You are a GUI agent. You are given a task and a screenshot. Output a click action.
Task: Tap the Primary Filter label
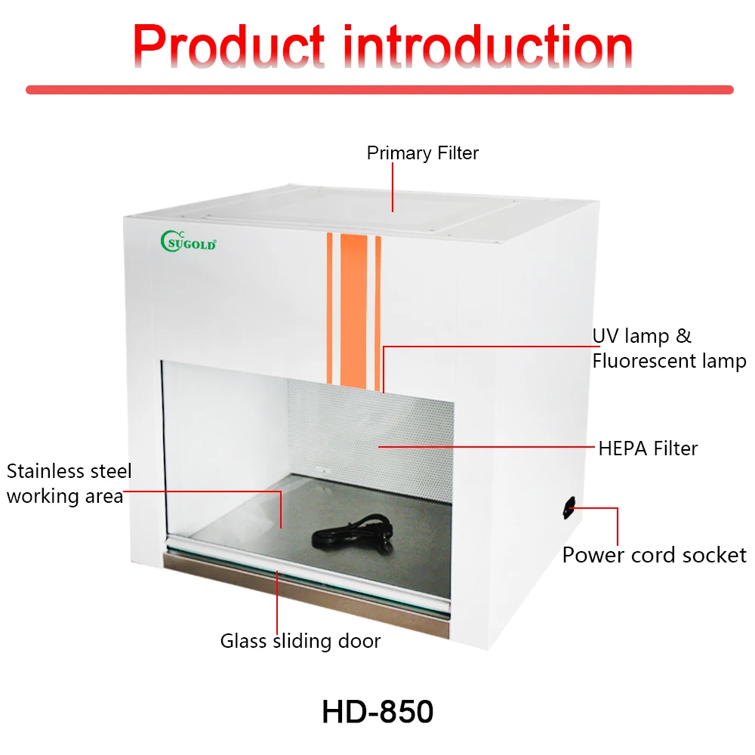[423, 153]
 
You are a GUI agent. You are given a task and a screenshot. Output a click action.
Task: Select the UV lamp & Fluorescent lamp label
[669, 348]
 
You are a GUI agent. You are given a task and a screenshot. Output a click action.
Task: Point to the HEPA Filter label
[648, 448]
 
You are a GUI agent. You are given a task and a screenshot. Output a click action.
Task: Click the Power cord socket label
[654, 555]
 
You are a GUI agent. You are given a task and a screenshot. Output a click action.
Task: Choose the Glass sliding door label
[300, 642]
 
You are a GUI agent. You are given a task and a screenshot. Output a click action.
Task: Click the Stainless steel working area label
[69, 484]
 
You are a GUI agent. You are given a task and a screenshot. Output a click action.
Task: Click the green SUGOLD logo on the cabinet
[189, 242]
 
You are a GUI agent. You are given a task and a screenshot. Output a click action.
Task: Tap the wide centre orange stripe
[353, 310]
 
